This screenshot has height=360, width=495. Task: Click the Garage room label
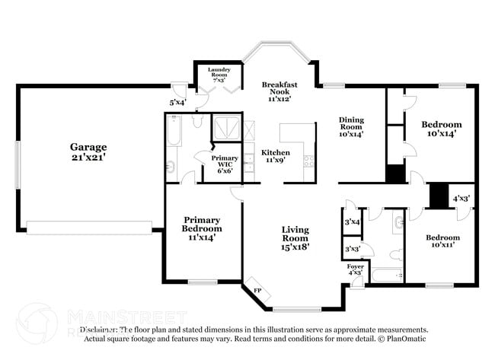(88, 147)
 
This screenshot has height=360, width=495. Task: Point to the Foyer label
(355, 267)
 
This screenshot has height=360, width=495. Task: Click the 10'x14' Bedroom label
(442, 124)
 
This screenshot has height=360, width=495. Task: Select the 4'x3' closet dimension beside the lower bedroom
(461, 199)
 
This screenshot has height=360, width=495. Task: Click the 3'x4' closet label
(353, 221)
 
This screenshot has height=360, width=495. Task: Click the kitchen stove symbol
(308, 161)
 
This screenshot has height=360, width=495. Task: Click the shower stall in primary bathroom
(225, 127)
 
